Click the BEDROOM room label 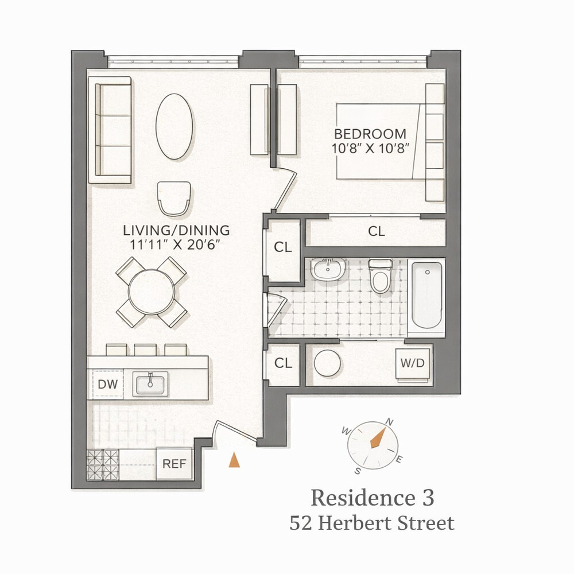370,134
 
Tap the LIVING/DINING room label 176,230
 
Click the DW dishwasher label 107,384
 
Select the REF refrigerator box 174,463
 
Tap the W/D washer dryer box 412,363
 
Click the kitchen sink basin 150,383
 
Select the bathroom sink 328,269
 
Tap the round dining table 152,292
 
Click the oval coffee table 174,126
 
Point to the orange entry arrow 234,460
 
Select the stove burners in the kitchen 103,464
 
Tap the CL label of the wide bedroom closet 376,231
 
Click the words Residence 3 372,498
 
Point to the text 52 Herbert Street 372,523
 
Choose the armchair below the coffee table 173,198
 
